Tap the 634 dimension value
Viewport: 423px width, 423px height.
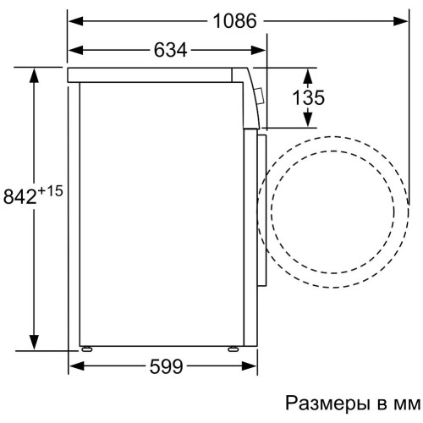[169, 50]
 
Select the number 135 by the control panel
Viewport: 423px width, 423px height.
[308, 97]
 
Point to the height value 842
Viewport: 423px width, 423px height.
[19, 197]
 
